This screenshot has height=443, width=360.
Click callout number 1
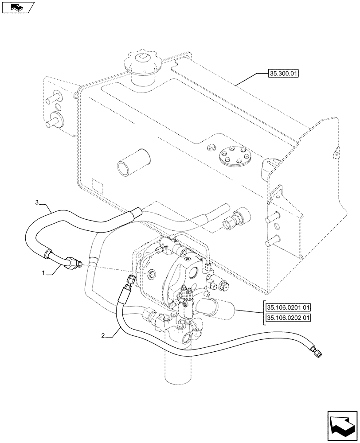44,274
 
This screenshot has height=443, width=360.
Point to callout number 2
103,336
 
